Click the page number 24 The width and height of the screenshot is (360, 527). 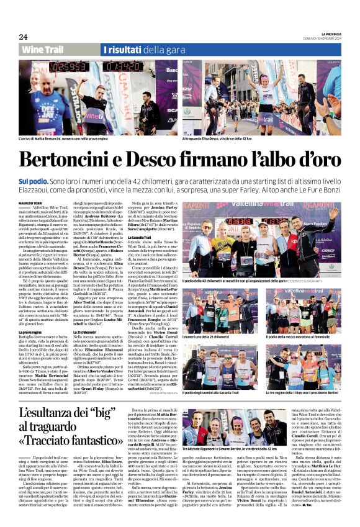tap(23, 37)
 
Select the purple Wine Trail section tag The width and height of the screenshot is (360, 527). tap(42, 49)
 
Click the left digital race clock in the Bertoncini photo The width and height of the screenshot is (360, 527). tap(69, 66)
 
